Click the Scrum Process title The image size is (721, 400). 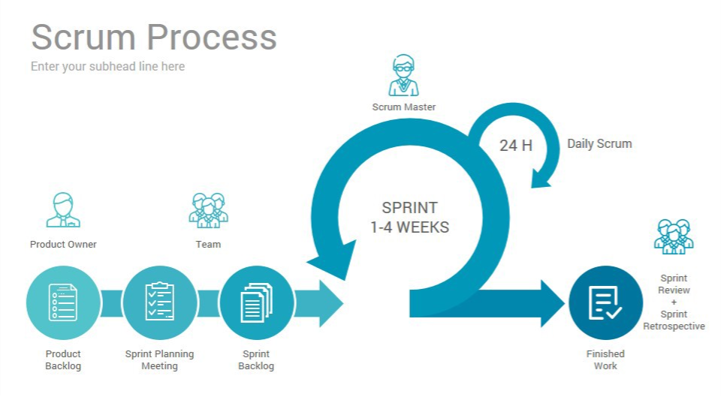click(x=154, y=37)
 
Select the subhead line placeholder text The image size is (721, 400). click(x=107, y=66)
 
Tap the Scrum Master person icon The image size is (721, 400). click(x=403, y=76)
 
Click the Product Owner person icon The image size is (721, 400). click(x=63, y=211)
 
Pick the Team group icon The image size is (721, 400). click(x=208, y=211)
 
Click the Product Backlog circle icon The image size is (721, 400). click(x=63, y=303)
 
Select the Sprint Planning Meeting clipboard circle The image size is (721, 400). click(x=159, y=303)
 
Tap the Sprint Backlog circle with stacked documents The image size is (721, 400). click(x=256, y=303)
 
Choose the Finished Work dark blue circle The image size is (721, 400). click(x=605, y=303)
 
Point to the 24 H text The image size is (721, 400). click(x=516, y=146)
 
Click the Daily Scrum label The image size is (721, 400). click(x=599, y=143)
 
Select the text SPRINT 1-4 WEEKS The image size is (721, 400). click(x=409, y=218)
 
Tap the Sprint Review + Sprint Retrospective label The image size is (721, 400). click(x=674, y=302)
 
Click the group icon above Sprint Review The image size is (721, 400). click(x=674, y=237)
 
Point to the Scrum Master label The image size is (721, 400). click(x=403, y=107)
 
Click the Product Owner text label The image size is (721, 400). click(x=63, y=244)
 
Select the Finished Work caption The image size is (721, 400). click(x=605, y=359)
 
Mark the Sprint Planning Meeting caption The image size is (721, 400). click(x=159, y=359)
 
